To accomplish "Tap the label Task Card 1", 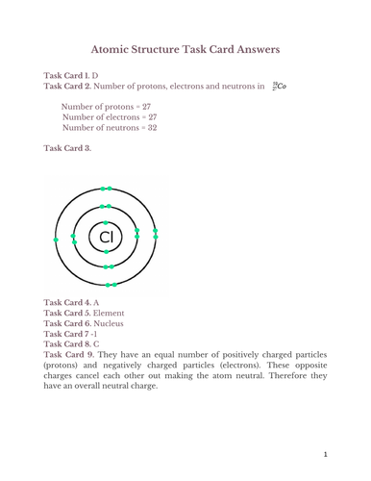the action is [67, 74].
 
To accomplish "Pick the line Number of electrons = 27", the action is [105, 116].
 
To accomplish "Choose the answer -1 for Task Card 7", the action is [95, 334].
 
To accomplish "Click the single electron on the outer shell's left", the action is [57, 239].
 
